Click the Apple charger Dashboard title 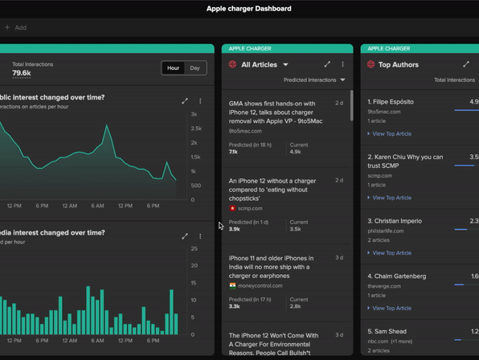pyautogui.click(x=249, y=9)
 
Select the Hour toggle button pyautogui.click(x=173, y=68)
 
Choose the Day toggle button pyautogui.click(x=194, y=68)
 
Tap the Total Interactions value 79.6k pyautogui.click(x=22, y=73)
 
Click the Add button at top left pyautogui.click(x=16, y=27)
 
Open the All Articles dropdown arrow pyautogui.click(x=285, y=65)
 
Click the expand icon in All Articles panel pyautogui.click(x=327, y=64)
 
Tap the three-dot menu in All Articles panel pyautogui.click(x=342, y=64)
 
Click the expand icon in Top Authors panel pyautogui.click(x=466, y=64)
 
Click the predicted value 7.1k pyautogui.click(x=234, y=152)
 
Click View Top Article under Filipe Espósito pyautogui.click(x=391, y=134)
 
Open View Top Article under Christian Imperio pyautogui.click(x=391, y=253)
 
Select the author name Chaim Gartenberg pyautogui.click(x=402, y=276)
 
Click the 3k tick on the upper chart pyautogui.click(x=194, y=115)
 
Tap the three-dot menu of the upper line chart pyautogui.click(x=200, y=101)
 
